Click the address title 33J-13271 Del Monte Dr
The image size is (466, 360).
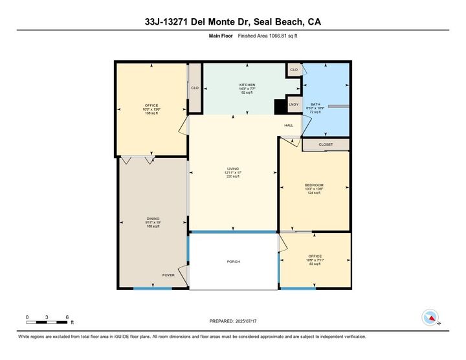[x=232, y=22]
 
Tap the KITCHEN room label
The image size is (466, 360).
[x=247, y=85]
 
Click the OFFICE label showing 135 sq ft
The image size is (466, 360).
[x=151, y=106]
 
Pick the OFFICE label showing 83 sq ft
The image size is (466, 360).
[x=314, y=257]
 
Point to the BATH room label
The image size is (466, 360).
[x=315, y=104]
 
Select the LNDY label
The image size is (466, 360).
[x=293, y=104]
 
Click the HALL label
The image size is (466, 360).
[x=289, y=125]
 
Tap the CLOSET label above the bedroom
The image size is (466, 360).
[x=326, y=144]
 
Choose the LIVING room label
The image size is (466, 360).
[x=233, y=168]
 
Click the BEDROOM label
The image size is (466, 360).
[x=314, y=185]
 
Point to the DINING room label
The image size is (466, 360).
[x=153, y=219]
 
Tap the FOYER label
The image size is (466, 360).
[x=168, y=275]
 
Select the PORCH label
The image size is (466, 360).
[x=234, y=262]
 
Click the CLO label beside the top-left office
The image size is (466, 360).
[x=194, y=88]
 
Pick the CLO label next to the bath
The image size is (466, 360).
[x=294, y=69]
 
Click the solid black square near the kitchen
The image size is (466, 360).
[x=280, y=106]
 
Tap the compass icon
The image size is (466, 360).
[x=429, y=317]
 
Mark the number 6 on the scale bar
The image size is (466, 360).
[x=67, y=317]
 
